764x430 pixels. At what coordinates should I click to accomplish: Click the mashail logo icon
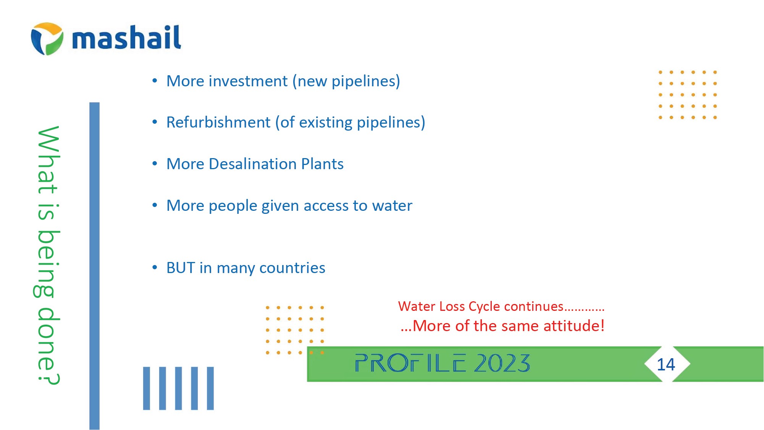(x=47, y=39)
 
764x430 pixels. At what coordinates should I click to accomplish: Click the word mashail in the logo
(x=126, y=37)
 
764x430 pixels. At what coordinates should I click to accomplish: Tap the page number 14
(x=666, y=364)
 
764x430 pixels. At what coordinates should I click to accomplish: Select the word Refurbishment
(x=218, y=122)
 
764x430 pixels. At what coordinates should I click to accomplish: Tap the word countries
(x=292, y=268)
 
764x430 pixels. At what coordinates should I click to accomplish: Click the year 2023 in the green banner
(x=502, y=363)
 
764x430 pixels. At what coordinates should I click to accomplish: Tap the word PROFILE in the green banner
(x=410, y=363)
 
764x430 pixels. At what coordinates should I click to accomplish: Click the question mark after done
(x=48, y=378)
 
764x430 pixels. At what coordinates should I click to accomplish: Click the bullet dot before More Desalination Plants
(x=155, y=164)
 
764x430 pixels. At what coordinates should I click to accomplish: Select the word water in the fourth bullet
(x=392, y=205)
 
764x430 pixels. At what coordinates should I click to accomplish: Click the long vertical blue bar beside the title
(x=94, y=266)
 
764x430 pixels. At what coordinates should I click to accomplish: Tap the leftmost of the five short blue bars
(x=147, y=388)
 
